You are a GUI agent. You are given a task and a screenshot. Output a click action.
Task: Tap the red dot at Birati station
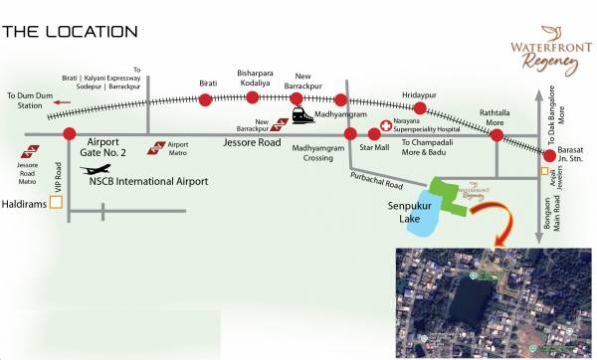[x=205, y=99]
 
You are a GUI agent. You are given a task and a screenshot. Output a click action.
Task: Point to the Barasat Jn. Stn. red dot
[x=548, y=155]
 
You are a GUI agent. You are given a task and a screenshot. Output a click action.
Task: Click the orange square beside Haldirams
[x=56, y=202]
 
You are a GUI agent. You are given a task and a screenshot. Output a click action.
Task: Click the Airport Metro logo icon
[x=156, y=149]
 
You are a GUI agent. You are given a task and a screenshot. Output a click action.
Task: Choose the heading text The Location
[x=70, y=32]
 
